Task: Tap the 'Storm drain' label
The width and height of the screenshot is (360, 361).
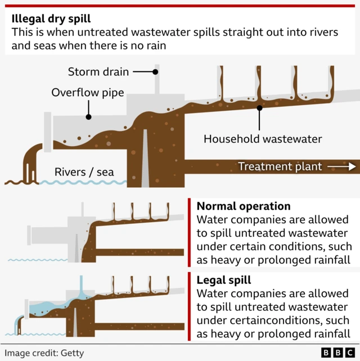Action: (x=98, y=72)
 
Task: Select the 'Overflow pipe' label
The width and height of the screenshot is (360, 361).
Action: (x=87, y=92)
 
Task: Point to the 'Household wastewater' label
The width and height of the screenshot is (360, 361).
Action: (x=262, y=138)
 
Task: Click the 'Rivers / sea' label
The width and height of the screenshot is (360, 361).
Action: (x=84, y=172)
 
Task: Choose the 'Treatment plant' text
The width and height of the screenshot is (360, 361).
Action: (x=280, y=166)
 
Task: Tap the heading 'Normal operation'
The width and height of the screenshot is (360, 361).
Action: (x=243, y=206)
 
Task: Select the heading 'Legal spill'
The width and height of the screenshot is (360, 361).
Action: (x=223, y=280)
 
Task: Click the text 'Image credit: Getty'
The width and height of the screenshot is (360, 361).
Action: (x=44, y=353)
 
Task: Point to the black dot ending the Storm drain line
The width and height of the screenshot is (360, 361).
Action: (x=156, y=72)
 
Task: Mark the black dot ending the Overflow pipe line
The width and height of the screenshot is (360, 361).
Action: (x=88, y=117)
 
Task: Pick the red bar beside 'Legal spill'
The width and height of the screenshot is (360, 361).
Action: (x=190, y=306)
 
